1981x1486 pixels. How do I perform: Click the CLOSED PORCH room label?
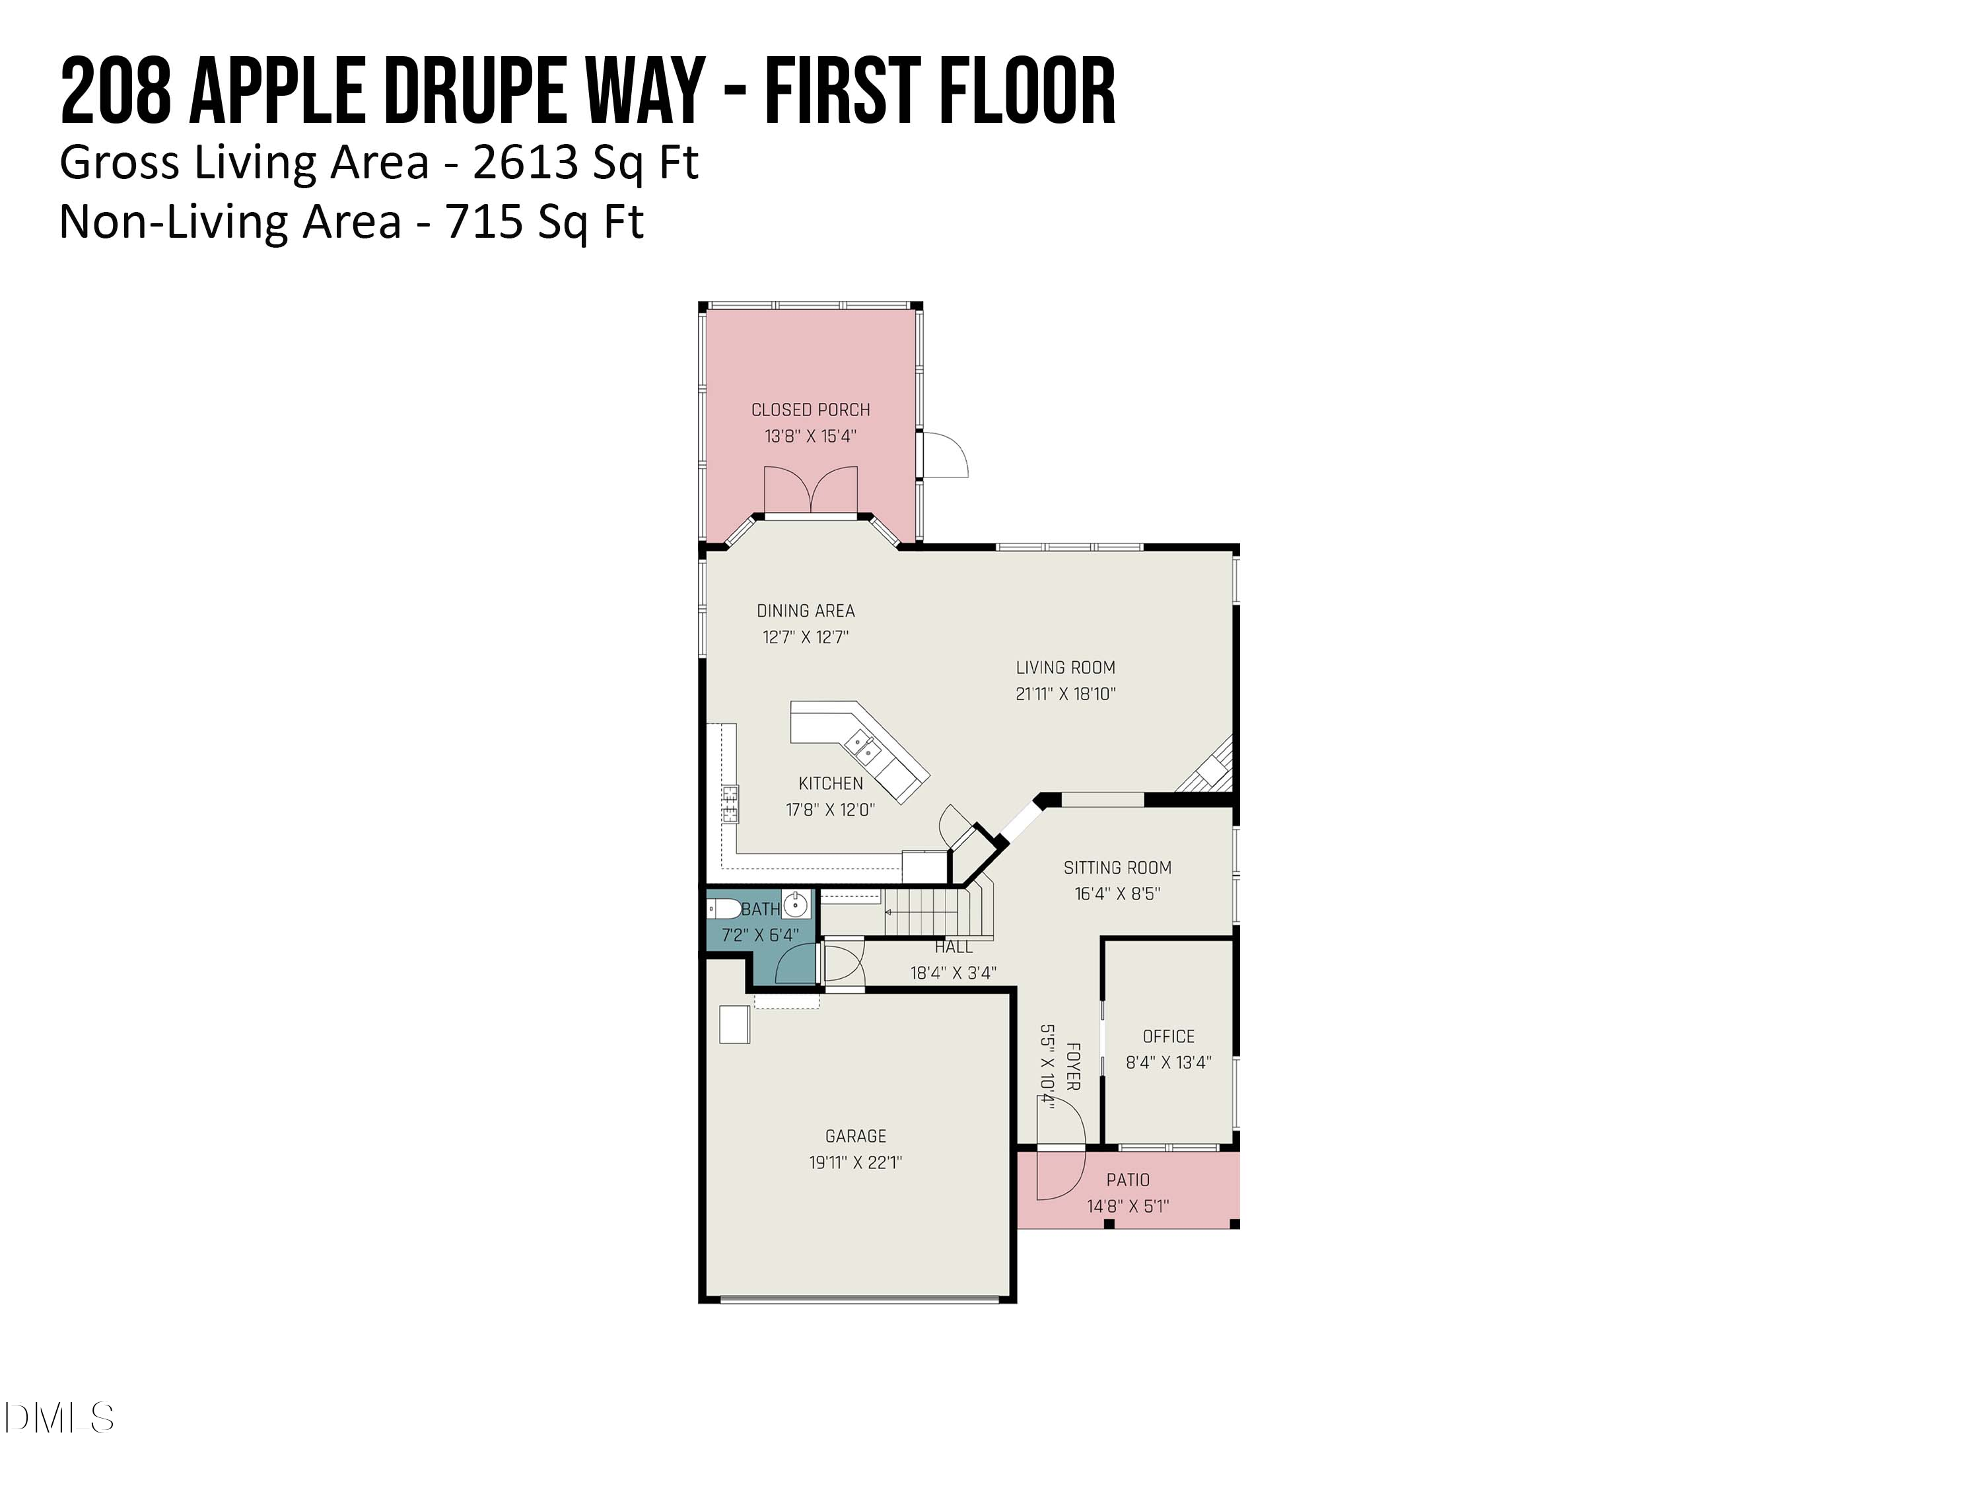click(810, 410)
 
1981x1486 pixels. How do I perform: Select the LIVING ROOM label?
click(1065, 667)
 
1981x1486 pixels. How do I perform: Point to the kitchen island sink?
click(864, 747)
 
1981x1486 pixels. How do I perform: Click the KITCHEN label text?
click(830, 784)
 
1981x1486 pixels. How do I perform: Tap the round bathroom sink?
click(795, 905)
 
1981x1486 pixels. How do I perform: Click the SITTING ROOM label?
click(1117, 868)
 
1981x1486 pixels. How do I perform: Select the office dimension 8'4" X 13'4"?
click(1168, 1062)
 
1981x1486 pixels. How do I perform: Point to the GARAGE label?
click(855, 1137)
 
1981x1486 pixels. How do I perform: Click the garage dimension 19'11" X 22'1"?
click(855, 1162)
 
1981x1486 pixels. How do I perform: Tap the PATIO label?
click(1128, 1181)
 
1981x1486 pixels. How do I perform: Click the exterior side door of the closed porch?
click(944, 456)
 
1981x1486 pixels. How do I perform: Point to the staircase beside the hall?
click(931, 912)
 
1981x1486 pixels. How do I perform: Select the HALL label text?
click(953, 947)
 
